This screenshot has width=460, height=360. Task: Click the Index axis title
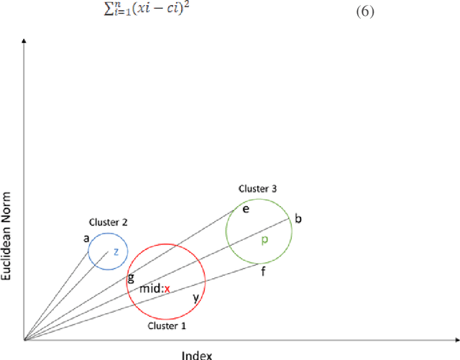point(196,354)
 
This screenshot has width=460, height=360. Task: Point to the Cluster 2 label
point(108,223)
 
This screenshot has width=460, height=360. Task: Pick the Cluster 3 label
point(258,189)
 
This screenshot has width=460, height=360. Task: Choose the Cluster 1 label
point(166,326)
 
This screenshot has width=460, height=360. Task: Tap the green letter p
point(264,240)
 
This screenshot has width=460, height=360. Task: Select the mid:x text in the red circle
point(155,289)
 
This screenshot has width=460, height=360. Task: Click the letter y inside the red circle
point(195,295)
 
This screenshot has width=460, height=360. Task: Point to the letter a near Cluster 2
point(86,238)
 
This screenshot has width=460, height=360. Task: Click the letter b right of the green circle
point(298,218)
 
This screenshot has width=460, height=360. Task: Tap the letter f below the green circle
point(263,272)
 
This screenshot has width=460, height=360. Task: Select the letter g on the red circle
point(131,277)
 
